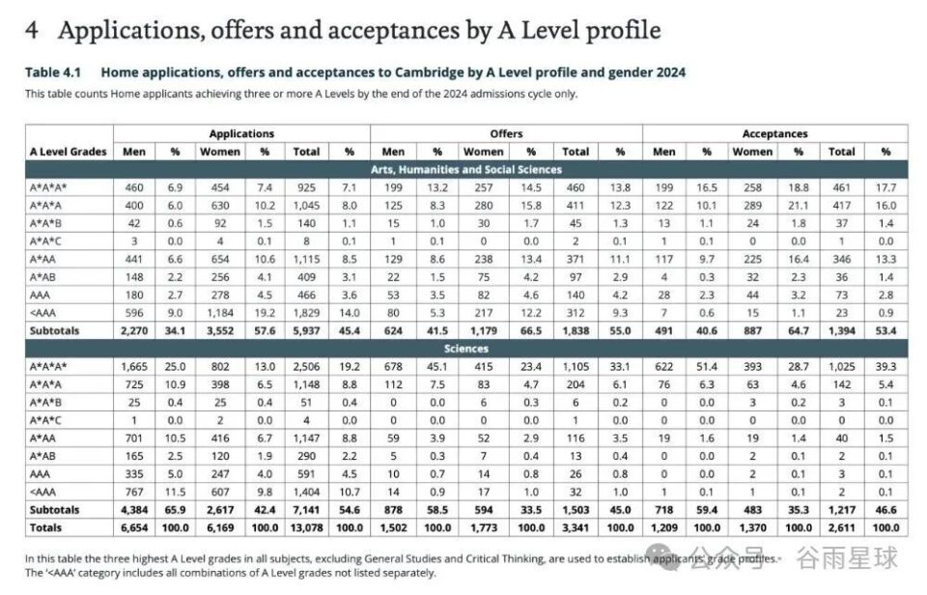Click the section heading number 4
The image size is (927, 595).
pyautogui.click(x=32, y=30)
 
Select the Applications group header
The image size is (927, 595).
pyautogui.click(x=241, y=133)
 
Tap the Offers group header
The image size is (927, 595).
pyautogui.click(x=506, y=133)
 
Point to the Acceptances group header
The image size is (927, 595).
pyautogui.click(x=774, y=133)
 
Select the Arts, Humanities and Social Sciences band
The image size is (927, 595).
pyautogui.click(x=466, y=169)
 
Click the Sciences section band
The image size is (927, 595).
pyautogui.click(x=466, y=349)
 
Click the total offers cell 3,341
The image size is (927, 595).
pyautogui.click(x=576, y=527)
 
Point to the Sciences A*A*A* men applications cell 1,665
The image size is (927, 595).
pyautogui.click(x=132, y=367)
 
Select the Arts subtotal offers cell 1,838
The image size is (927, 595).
pyautogui.click(x=576, y=330)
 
